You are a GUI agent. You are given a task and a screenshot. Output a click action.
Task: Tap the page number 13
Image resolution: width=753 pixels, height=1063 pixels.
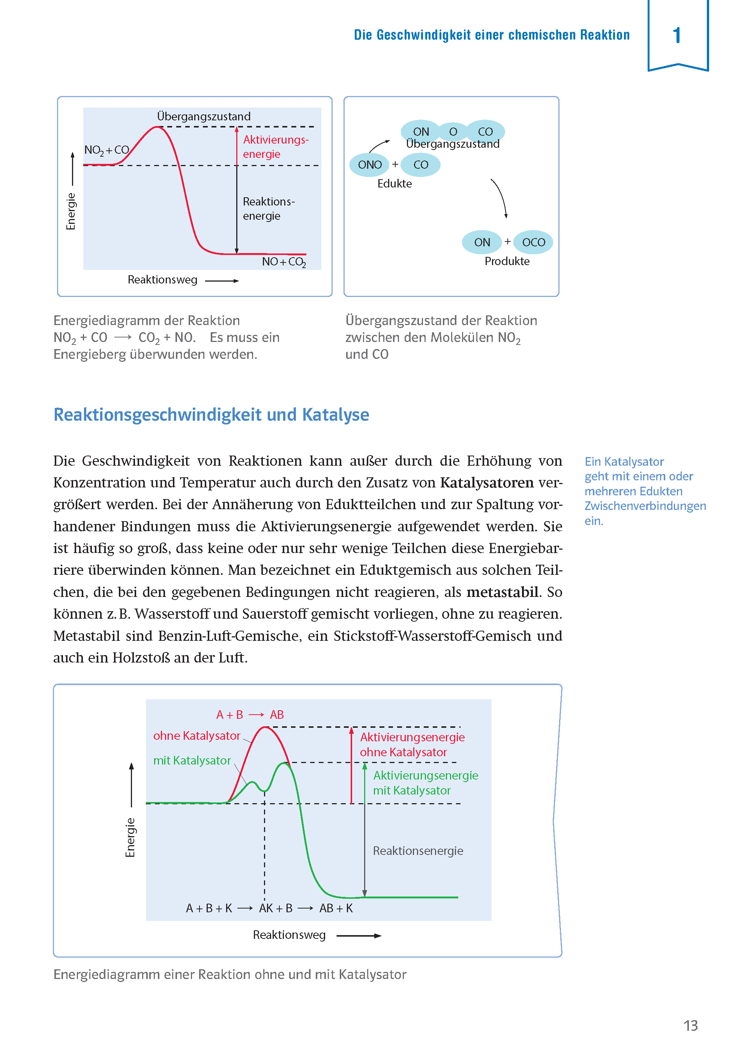pos(690,1025)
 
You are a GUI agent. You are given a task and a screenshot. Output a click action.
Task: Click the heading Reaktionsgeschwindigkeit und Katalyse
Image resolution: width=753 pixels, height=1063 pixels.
pos(211,414)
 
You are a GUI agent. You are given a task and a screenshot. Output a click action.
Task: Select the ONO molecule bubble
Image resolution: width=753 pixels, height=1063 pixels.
pos(369,165)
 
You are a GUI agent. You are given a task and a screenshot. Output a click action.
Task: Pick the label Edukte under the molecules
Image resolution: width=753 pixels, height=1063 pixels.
pos(394,184)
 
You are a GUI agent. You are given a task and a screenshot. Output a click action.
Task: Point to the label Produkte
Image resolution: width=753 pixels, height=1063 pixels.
pos(507,261)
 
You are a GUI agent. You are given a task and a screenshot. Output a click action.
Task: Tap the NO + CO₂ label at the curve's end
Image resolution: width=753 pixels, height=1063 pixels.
pos(284,262)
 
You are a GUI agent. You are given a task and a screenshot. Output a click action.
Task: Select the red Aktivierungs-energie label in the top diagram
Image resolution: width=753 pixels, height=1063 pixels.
pos(275,147)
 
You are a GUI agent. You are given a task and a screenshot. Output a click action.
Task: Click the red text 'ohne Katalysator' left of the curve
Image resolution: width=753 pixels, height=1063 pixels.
pos(196,736)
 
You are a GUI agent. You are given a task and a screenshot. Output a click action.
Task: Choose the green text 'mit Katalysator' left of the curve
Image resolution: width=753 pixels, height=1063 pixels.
pos(192,760)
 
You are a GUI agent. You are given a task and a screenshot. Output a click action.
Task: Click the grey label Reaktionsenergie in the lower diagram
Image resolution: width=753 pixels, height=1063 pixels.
pos(418,851)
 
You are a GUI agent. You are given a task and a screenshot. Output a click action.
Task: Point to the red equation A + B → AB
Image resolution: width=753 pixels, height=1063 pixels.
pos(250,714)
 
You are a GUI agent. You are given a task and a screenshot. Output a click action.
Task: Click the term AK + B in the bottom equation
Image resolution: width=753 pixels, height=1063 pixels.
pos(275,908)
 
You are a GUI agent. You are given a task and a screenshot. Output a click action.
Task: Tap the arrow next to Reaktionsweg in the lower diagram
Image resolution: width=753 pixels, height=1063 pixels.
pos(358,936)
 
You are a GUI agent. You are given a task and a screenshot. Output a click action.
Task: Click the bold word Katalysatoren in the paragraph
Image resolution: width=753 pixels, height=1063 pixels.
pos(487,483)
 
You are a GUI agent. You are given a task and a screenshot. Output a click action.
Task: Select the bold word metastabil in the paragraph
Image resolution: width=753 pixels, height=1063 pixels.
pos(502,592)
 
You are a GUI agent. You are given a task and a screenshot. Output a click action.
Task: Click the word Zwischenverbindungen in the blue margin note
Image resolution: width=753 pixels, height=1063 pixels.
pos(645,506)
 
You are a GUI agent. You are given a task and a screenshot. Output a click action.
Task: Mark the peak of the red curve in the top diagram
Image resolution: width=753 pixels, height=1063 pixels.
pos(157,127)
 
